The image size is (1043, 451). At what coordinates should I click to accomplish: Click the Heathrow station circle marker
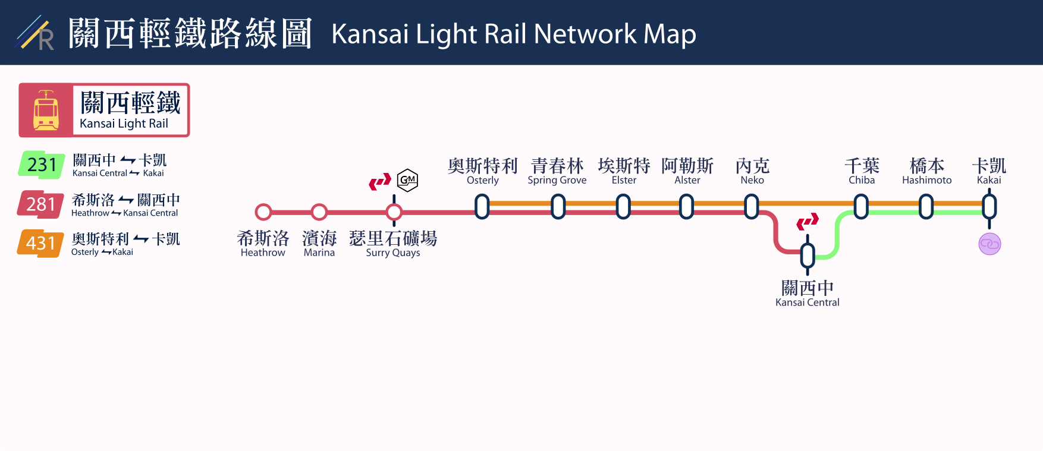point(263,212)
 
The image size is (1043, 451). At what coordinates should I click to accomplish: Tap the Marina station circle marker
point(319,212)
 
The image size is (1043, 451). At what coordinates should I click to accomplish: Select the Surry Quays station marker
point(394,212)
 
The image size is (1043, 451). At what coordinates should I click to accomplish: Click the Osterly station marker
point(482,207)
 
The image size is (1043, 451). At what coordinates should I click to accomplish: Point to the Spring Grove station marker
point(558,207)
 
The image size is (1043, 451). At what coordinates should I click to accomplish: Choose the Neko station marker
point(752,207)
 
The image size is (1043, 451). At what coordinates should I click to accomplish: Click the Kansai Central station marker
point(808,256)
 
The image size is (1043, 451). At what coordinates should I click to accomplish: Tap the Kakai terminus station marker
point(989,207)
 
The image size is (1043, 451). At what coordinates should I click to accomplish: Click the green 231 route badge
point(42,165)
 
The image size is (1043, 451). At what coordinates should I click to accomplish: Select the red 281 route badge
point(41,204)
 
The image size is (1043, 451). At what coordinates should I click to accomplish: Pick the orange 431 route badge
point(40,244)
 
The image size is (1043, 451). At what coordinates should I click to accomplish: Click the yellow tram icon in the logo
point(46,111)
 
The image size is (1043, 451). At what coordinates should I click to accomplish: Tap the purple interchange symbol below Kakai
point(989,244)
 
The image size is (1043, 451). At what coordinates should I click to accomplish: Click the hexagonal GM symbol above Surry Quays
point(407,180)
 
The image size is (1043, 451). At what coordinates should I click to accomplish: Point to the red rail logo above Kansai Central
point(808,222)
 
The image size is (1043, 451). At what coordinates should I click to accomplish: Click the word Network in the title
point(585,34)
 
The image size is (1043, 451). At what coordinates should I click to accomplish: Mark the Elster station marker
point(623,207)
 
